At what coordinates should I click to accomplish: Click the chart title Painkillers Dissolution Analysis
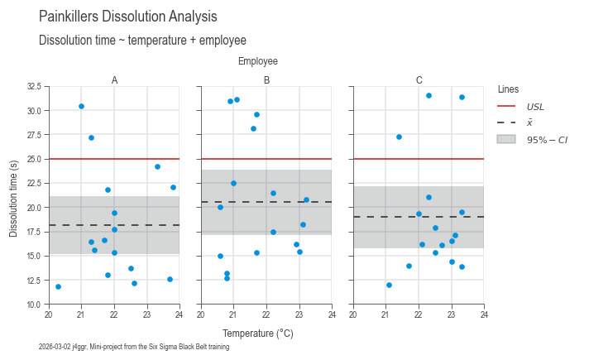pos(128,17)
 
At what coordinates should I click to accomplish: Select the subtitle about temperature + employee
pos(142,41)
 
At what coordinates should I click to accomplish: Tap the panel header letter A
pos(114,80)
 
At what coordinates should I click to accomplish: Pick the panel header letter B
pos(266,80)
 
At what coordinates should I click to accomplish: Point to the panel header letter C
pos(419,80)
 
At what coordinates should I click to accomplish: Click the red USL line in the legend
pos(506,107)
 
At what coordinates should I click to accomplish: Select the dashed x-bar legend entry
pos(506,122)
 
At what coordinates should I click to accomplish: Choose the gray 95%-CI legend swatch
pos(506,139)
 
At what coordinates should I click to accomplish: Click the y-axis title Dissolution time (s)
pos(13,199)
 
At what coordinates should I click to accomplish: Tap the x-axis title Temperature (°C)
pos(258,334)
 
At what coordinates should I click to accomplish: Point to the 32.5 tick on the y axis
pos(34,86)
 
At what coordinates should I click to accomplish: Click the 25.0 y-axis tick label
pos(34,159)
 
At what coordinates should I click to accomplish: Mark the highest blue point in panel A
pos(81,107)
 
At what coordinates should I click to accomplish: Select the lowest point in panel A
pos(58,286)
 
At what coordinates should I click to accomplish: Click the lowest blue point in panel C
pos(389,286)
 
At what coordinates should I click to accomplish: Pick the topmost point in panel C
pos(429,95)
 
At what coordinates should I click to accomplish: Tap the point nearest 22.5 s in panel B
pos(233,184)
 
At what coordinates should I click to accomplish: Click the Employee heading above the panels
pos(258,61)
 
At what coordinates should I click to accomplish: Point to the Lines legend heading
pos(508,89)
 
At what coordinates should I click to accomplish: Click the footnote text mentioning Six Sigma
pos(134,347)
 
